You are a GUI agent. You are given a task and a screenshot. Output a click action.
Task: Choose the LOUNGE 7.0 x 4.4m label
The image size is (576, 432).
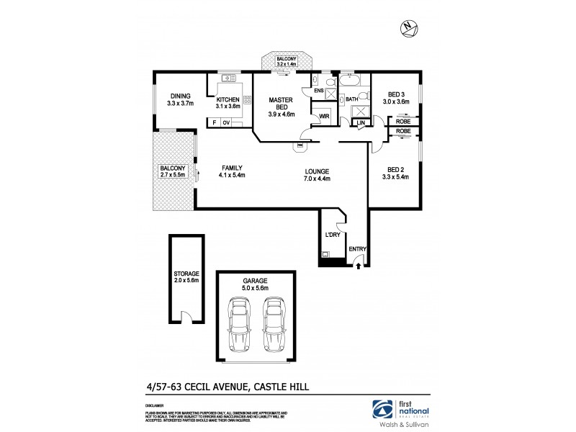(317, 175)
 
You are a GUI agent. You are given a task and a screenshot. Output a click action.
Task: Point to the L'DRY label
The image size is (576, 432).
(332, 235)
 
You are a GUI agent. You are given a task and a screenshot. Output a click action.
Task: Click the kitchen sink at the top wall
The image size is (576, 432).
(229, 78)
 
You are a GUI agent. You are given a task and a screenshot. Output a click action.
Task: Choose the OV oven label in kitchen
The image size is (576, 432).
(226, 123)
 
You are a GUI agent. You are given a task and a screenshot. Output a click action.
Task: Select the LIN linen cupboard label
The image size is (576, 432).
(361, 123)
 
